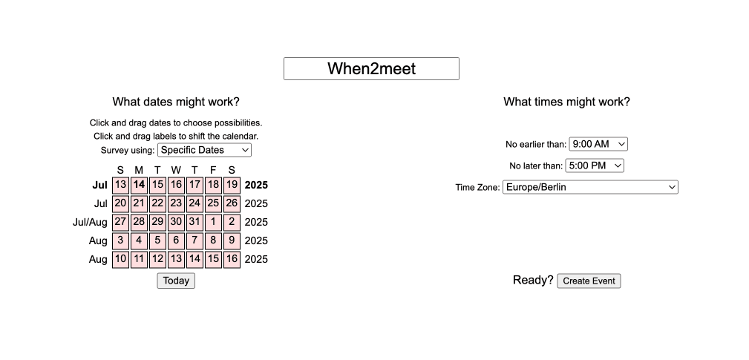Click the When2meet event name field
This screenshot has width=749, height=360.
[371, 69]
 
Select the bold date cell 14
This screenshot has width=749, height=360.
[139, 185]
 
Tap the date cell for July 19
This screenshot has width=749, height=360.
[232, 185]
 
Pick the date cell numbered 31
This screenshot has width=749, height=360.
[194, 222]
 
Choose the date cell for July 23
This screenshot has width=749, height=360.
[176, 203]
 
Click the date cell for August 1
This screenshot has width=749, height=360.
[213, 222]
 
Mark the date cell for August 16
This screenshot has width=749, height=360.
[232, 259]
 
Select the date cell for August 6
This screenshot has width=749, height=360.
[176, 240]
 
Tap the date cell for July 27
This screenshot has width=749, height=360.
[120, 222]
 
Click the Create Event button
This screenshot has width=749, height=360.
[589, 281]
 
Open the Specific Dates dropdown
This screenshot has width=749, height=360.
[204, 150]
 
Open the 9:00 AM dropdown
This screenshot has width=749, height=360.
[598, 144]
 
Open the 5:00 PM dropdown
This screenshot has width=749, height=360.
[595, 166]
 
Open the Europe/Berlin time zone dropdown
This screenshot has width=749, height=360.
[590, 187]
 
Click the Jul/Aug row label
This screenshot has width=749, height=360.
[90, 222]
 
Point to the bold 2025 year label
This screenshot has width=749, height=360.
[256, 185]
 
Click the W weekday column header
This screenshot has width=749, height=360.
[176, 170]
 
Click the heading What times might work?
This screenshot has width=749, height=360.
[566, 102]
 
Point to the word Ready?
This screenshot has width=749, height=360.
[533, 280]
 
